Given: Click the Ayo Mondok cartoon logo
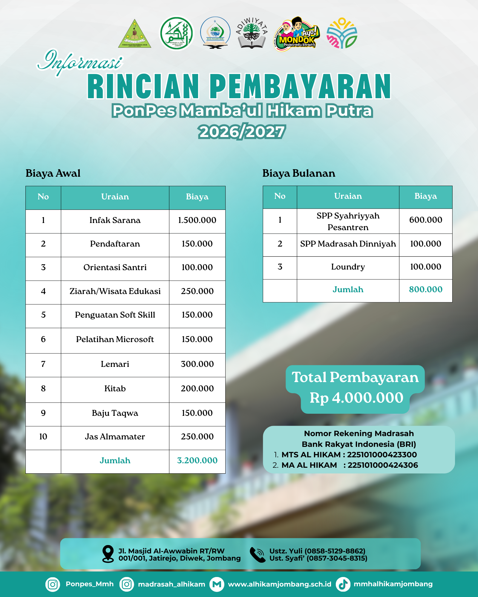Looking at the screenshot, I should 296,34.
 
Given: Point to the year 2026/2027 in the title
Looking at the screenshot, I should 242,132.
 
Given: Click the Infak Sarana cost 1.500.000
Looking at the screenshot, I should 197,220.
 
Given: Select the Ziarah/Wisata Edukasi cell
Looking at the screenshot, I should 115,291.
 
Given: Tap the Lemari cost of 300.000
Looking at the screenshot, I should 197,364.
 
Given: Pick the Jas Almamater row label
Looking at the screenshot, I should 115,437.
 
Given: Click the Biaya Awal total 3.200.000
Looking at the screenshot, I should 197,461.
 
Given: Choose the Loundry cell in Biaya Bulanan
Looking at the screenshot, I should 348,267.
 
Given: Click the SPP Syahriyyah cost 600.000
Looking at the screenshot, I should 426,220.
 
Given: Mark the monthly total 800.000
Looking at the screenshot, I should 426,290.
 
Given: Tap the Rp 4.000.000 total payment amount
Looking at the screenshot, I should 356,398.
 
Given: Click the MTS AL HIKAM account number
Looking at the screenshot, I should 382,455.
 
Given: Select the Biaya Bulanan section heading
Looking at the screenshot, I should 299,173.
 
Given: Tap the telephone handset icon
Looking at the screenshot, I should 257,555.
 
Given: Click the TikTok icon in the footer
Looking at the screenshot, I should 343,584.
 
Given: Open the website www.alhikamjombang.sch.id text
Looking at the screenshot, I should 280,584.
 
